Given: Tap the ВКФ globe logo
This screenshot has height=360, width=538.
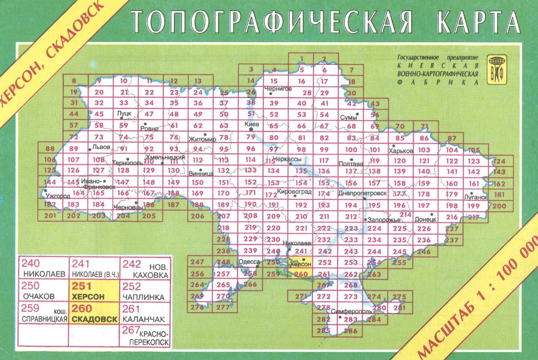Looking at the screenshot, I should tap(497, 69).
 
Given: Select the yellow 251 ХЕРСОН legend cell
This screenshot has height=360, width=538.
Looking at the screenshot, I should tap(94, 291).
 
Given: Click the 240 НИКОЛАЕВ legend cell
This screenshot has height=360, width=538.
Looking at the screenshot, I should tap(43, 268).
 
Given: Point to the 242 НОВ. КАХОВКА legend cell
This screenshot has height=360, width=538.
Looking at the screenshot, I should tap(145, 268).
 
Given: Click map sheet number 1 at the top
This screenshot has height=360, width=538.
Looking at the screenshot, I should tap(301, 58).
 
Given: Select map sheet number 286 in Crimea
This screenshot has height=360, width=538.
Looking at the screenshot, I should tap(350, 331).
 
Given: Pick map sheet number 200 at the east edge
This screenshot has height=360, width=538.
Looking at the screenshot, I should tap(499, 206).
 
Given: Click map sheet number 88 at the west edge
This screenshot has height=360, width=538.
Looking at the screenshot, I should tap(50, 148).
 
